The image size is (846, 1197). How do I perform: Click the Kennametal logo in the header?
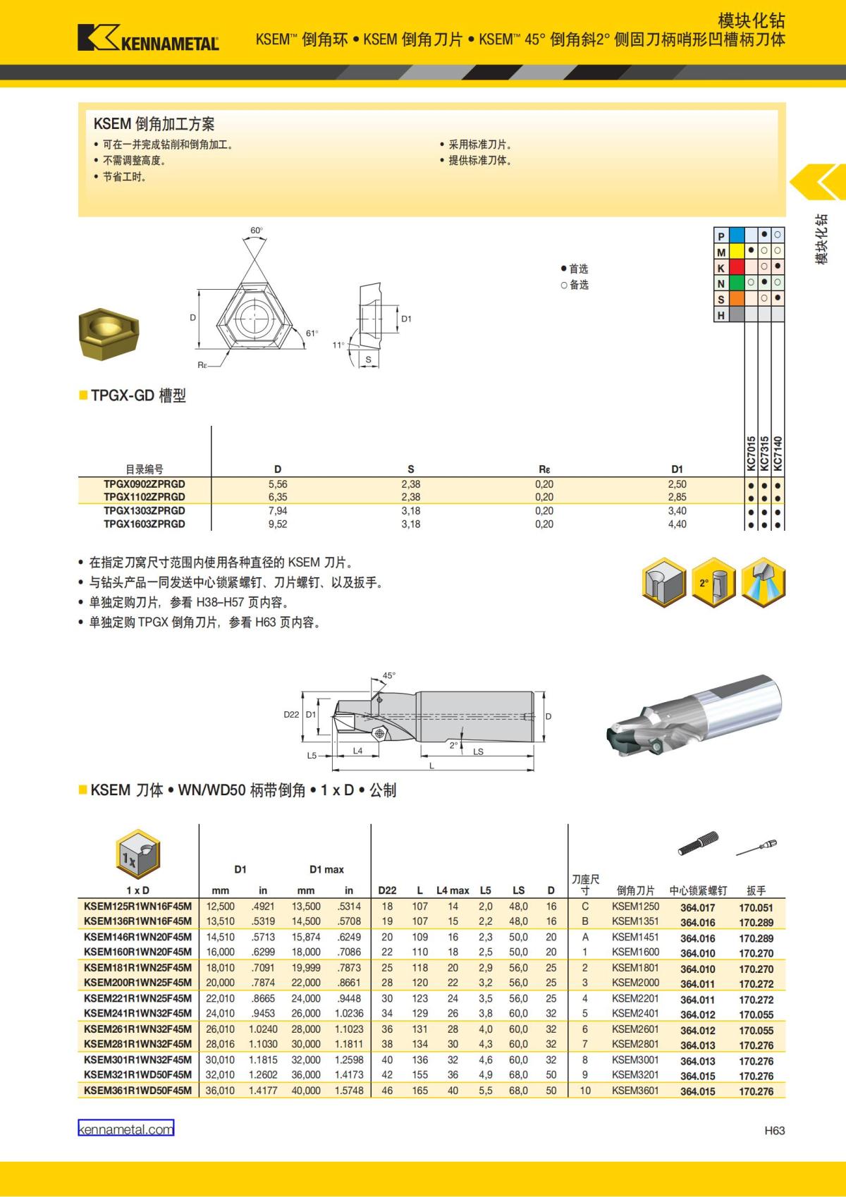click(x=148, y=38)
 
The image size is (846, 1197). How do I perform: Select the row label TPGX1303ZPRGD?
click(x=144, y=510)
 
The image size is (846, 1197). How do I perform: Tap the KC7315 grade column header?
click(x=764, y=453)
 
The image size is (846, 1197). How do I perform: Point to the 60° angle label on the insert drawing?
click(x=256, y=231)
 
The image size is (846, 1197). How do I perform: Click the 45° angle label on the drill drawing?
click(x=388, y=675)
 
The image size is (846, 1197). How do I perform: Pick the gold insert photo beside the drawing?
click(x=109, y=332)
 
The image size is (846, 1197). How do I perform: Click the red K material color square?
click(x=737, y=267)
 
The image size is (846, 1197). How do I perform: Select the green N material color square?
click(x=737, y=283)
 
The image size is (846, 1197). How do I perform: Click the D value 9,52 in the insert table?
click(x=278, y=524)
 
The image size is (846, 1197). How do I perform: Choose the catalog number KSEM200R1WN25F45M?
click(x=137, y=983)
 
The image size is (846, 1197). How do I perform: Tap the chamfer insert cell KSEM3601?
click(x=635, y=1091)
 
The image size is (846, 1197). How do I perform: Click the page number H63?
click(x=774, y=1131)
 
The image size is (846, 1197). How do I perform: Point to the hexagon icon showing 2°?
click(x=712, y=582)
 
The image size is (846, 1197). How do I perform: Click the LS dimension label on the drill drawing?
click(x=478, y=751)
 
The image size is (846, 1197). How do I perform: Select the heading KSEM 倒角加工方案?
click(x=154, y=124)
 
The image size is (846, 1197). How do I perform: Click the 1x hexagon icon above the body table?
click(x=137, y=855)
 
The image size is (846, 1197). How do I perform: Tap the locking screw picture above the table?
click(x=698, y=844)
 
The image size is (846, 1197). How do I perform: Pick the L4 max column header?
click(x=453, y=890)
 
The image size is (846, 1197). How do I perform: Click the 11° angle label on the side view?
click(x=338, y=345)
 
